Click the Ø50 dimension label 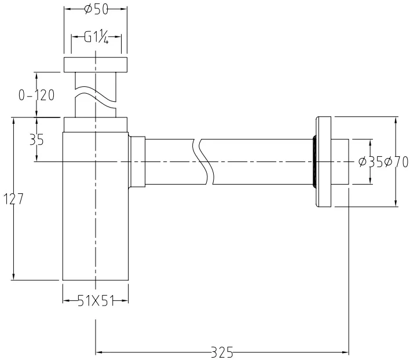coord(96,10)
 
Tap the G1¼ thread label coord(96,38)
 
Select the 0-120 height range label coord(36,95)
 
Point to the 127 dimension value coord(13,199)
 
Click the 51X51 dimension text coord(96,301)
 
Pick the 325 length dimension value coord(222,352)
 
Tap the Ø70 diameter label coord(396,162)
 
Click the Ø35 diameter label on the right coord(371,162)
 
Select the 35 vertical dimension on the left coord(36,139)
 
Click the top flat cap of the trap coord(96,64)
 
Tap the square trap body coord(96,206)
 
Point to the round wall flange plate coord(324,161)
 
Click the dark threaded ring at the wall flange coord(314,161)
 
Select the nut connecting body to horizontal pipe coord(137,161)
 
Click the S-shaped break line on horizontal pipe coord(203,161)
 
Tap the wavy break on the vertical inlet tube coord(96,97)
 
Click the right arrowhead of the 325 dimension coord(345,352)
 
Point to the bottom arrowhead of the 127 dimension coord(13,277)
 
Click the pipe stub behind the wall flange coord(340,161)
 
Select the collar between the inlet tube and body coord(96,124)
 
